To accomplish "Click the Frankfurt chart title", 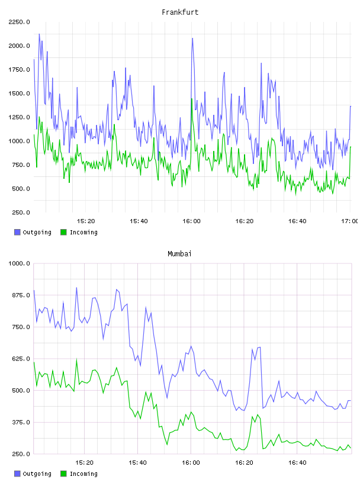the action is click(x=180, y=12).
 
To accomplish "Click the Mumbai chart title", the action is click(x=179, y=253).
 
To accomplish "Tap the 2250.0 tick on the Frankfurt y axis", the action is click(x=20, y=22).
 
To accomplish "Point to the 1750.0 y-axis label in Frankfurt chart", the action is click(x=20, y=70).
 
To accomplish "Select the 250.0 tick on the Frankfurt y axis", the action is click(x=21, y=212).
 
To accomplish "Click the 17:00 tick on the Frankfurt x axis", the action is click(x=350, y=221).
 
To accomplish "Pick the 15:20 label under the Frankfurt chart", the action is click(x=86, y=221).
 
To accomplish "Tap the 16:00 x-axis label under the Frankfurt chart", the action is click(x=191, y=221).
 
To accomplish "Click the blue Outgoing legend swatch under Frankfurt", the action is click(x=17, y=232).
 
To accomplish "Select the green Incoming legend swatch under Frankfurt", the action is click(x=63, y=232).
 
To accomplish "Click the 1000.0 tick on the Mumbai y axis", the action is click(x=20, y=263).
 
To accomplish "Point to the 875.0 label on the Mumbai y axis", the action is click(x=21, y=295).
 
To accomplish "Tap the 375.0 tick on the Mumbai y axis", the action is click(x=21, y=422).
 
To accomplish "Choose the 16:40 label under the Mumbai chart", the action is click(x=297, y=463).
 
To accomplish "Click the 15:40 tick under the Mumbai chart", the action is click(x=137, y=463).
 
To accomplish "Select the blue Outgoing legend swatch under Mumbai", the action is click(x=17, y=474).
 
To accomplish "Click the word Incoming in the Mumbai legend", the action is click(x=83, y=474).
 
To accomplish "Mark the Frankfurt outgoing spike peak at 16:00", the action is click(x=192, y=38).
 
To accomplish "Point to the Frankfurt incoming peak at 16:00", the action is click(x=192, y=99).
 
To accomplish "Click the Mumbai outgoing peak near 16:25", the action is click(x=260, y=347).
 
